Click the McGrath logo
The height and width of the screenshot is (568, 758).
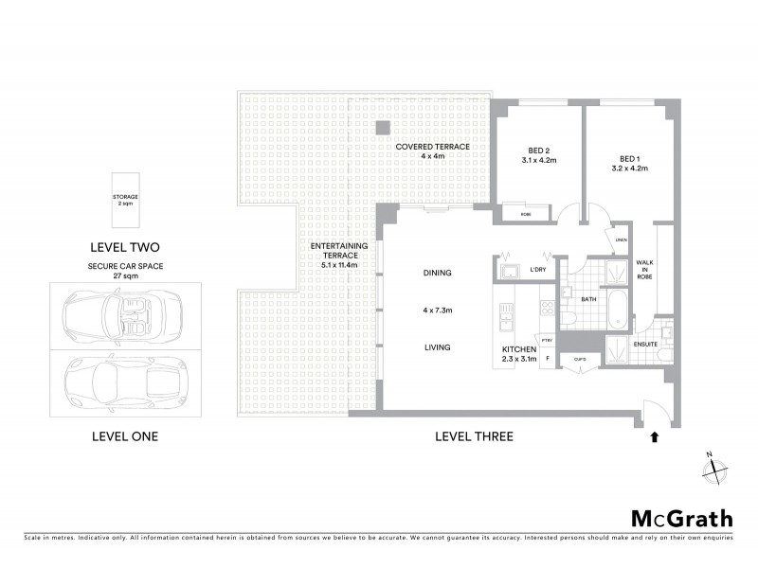[x=681, y=518]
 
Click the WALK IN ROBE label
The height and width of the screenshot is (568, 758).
[x=643, y=271]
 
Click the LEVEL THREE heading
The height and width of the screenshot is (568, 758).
[x=474, y=436]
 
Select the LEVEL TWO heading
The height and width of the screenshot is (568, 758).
[x=125, y=246]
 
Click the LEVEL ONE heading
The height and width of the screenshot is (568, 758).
[x=124, y=436]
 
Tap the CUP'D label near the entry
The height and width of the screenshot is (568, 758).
[x=581, y=359]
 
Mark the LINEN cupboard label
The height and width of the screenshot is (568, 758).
[x=620, y=240]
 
